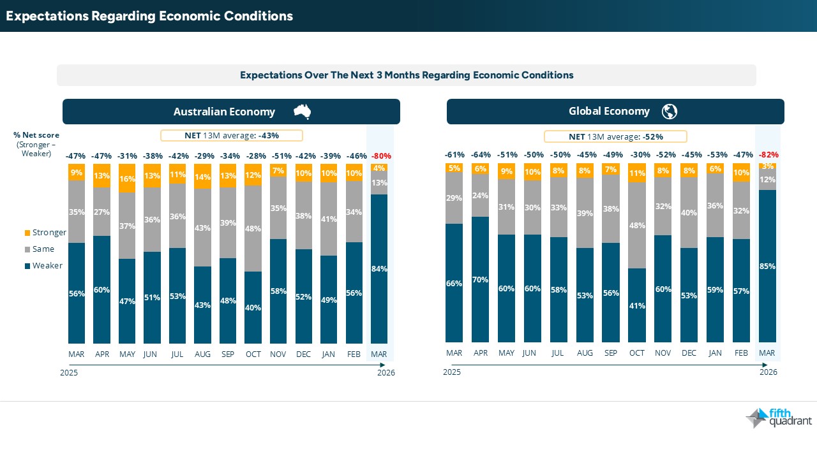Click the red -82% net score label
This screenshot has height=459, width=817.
[768, 155]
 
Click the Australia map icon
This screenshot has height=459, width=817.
[302, 112]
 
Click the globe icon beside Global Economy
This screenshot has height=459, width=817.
[669, 112]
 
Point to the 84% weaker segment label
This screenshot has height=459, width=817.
[379, 269]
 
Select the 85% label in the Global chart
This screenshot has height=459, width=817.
[767, 266]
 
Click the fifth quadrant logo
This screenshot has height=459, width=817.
[779, 418]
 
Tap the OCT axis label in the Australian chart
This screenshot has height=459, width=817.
[253, 354]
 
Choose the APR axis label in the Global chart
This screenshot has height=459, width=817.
[480, 353]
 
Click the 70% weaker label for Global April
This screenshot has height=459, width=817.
[480, 280]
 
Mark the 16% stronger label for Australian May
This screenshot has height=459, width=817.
[127, 180]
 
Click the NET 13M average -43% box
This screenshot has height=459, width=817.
[231, 135]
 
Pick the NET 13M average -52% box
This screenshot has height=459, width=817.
[615, 136]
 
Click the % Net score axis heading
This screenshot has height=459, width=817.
[36, 135]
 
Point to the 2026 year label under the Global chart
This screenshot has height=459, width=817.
[768, 372]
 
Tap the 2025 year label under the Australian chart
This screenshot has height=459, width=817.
[69, 373]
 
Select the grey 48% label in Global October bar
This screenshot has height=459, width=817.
[637, 225]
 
